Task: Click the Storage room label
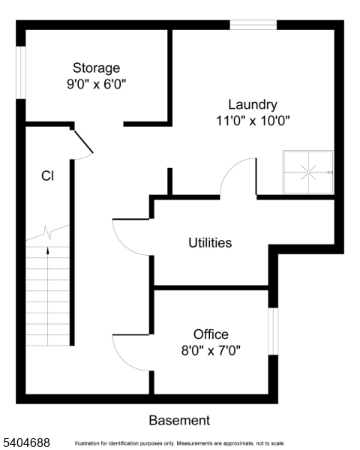[x=96, y=67]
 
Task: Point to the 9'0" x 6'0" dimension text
[x=96, y=84]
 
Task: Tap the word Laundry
[x=253, y=105]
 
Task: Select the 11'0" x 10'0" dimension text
[x=253, y=120]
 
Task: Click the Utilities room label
[x=210, y=243]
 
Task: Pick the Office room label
[x=211, y=334]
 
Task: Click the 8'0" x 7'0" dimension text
[x=211, y=350]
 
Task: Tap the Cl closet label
[x=47, y=176]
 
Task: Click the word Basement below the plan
[x=179, y=421]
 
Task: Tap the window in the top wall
[x=253, y=25]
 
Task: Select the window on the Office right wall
[x=273, y=330]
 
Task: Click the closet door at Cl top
[x=82, y=142]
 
